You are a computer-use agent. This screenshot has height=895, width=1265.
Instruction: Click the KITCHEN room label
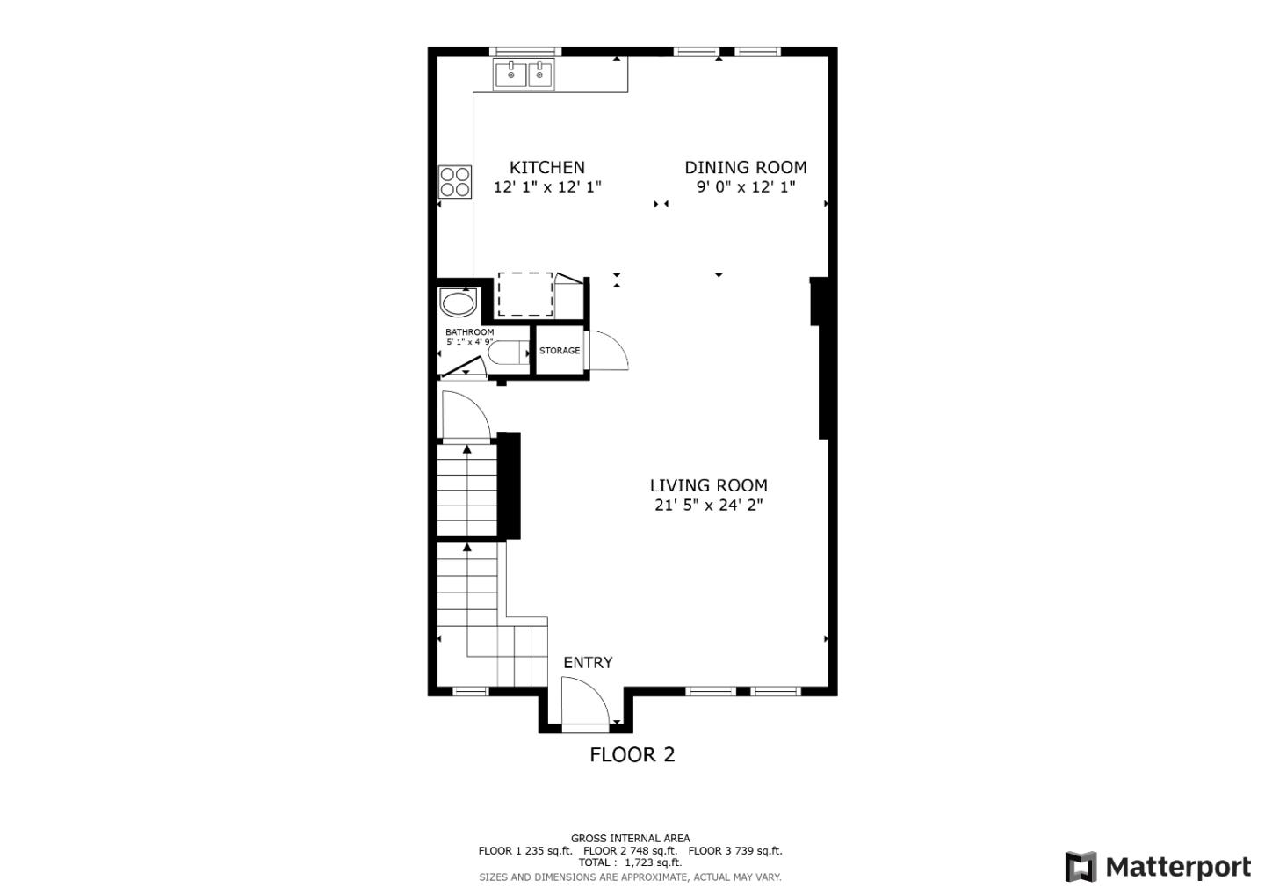click(546, 167)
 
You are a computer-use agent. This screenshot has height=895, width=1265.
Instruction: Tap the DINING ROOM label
click(745, 167)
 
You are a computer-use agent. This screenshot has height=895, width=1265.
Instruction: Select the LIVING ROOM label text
click(708, 485)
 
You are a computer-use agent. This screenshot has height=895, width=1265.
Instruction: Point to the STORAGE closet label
click(560, 351)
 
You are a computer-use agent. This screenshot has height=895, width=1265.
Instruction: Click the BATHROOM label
click(469, 332)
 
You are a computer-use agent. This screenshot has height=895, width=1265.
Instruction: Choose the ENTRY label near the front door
click(588, 663)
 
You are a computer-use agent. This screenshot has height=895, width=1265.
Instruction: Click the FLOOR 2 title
click(632, 754)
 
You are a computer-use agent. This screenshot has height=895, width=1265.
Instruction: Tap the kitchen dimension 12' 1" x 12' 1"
click(546, 187)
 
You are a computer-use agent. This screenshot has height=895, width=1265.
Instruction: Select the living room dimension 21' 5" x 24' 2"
click(708, 506)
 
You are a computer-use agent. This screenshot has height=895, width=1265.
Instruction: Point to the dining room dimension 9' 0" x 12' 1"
click(745, 187)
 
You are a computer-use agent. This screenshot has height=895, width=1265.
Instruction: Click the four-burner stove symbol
click(455, 182)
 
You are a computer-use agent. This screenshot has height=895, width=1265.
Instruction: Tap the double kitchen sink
click(524, 75)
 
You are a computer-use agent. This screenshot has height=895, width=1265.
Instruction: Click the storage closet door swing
click(608, 351)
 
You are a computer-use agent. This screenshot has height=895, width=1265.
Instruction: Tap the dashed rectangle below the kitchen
click(525, 295)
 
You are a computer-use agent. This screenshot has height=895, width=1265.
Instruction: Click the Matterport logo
click(1157, 867)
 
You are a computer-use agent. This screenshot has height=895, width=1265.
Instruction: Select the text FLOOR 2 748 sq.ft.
click(630, 851)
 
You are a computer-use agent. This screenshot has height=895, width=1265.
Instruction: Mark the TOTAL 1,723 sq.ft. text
click(630, 863)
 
